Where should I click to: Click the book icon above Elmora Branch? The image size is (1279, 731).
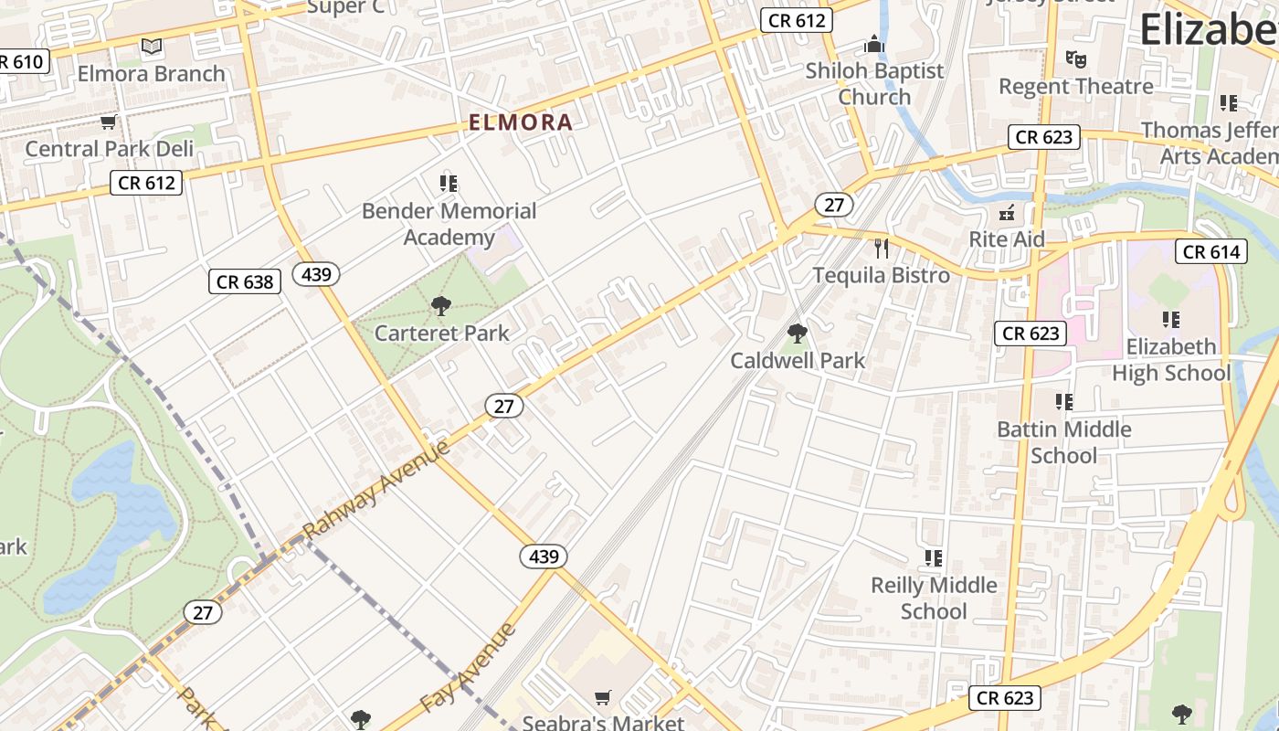(x=152, y=46)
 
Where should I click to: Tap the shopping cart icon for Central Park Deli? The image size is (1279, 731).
(x=108, y=122)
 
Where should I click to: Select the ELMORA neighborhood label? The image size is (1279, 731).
(x=521, y=122)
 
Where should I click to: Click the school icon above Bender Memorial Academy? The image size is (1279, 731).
(x=448, y=184)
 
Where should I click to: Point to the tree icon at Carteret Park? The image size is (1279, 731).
(x=441, y=306)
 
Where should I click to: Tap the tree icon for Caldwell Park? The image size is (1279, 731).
(x=797, y=334)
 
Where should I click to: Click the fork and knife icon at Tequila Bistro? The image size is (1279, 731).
(x=881, y=248)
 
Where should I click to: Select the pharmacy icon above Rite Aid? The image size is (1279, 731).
(x=1007, y=213)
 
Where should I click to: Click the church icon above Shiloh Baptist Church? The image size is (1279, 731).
(x=874, y=44)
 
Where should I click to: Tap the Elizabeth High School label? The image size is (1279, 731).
(x=1171, y=360)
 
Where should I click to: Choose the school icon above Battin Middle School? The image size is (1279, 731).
(x=1063, y=402)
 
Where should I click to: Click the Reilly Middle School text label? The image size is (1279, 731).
(x=934, y=598)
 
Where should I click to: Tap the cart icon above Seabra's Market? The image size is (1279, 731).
(x=602, y=698)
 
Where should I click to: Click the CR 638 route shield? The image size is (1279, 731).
(x=245, y=281)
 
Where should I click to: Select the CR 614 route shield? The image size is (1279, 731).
(x=1211, y=252)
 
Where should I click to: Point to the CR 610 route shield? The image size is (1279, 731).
(x=20, y=62)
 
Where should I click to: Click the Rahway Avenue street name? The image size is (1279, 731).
(x=375, y=490)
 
